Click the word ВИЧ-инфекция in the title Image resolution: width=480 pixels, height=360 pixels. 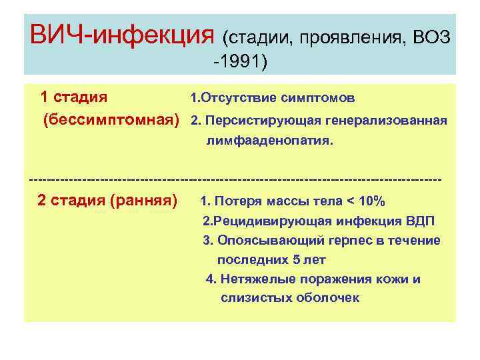pyautogui.click(x=123, y=33)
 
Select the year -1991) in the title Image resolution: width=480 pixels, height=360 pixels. pyautogui.click(x=239, y=62)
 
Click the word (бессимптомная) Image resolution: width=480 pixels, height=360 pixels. pyautogui.click(x=111, y=121)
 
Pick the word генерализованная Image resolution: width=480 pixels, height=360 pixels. pyautogui.click(x=387, y=121)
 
